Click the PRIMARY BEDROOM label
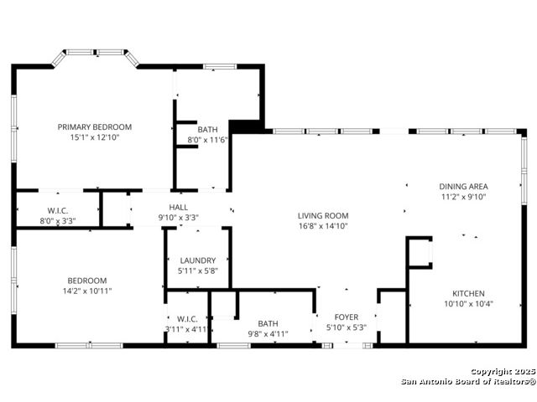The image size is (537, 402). point(95,127)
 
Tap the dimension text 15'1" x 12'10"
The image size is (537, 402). point(95,137)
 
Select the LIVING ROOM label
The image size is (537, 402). point(323,216)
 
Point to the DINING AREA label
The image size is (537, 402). point(463,187)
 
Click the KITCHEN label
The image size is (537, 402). point(468,294)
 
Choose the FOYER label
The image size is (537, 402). point(347,317)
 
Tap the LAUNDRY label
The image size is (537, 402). point(198,260)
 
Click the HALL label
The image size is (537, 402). point(179,207)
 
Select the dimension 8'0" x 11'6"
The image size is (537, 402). point(207,140)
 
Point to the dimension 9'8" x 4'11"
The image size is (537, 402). point(268,333)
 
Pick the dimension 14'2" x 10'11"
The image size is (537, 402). point(87,291)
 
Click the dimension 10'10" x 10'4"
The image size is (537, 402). point(468,304)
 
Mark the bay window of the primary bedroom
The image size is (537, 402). point(95,56)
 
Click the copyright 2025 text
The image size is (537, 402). point(503,372)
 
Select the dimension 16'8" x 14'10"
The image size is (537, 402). point(323,226)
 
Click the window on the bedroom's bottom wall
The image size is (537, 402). point(89,346)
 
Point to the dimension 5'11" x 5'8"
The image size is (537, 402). point(198,271)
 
